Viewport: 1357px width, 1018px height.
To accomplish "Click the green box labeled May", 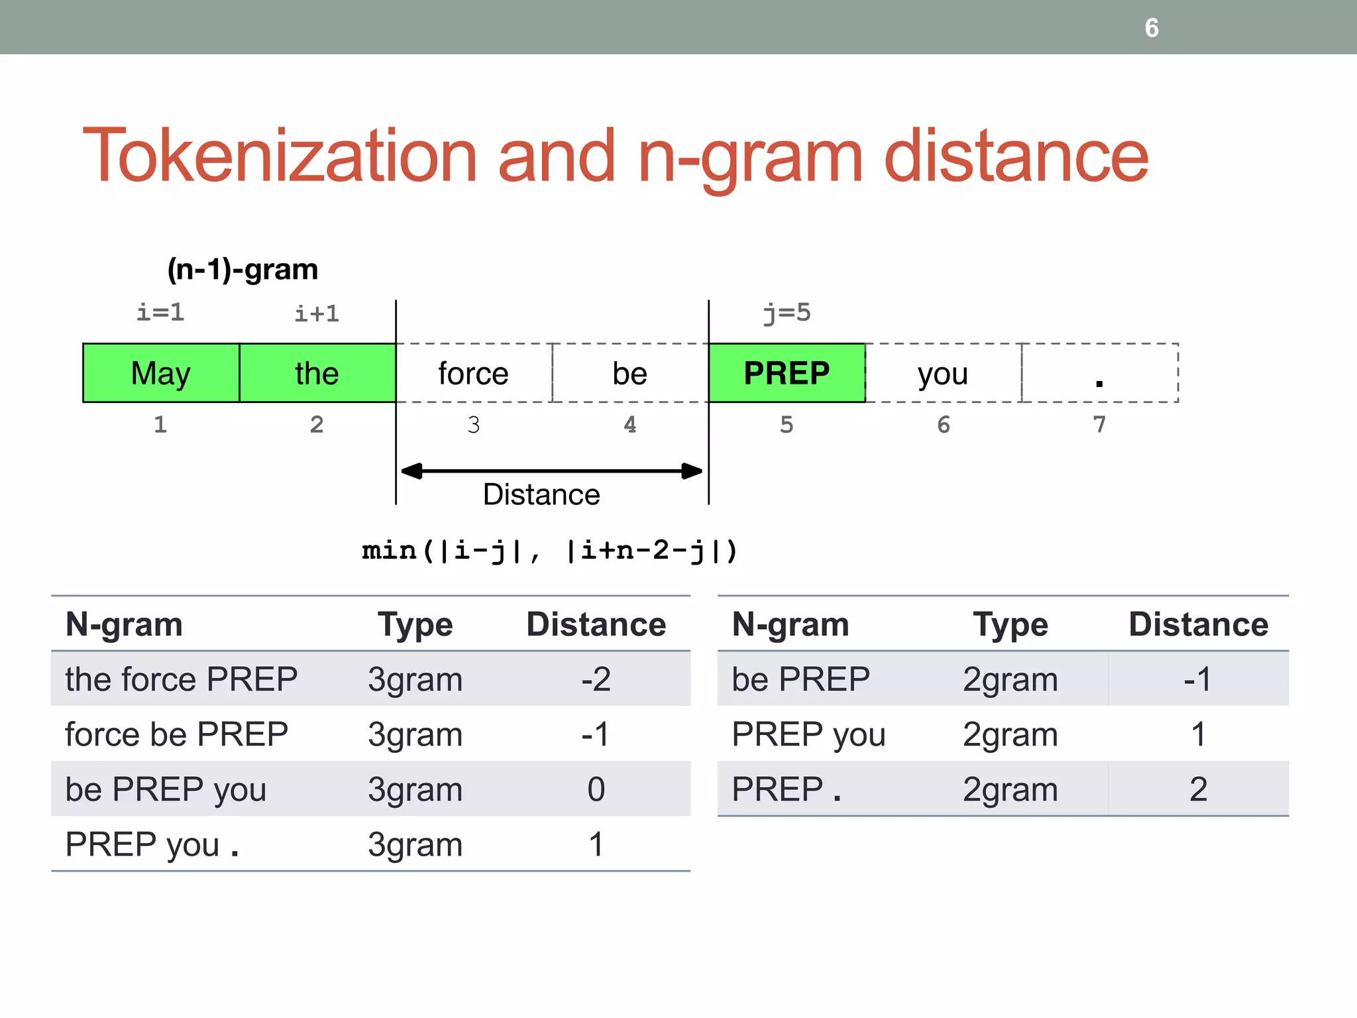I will (x=161, y=373).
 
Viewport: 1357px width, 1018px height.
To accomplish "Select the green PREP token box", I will (x=787, y=373).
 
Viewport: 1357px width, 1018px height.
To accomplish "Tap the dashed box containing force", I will (x=474, y=373).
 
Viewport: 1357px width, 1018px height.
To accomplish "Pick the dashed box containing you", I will (x=943, y=373).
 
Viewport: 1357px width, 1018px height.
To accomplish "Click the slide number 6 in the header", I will (x=1152, y=28).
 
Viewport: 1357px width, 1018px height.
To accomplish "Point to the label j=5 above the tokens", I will (x=787, y=312).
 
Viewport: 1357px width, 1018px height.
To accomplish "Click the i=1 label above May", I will (x=160, y=312).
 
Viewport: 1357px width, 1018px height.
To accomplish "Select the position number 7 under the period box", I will (x=1099, y=424).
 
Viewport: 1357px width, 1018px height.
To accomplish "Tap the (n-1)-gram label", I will (x=243, y=269).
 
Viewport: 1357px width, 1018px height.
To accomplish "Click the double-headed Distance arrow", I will (x=552, y=471).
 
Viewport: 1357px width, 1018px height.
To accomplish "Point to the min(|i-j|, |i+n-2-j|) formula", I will (x=550, y=551).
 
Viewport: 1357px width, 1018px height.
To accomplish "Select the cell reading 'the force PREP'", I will (x=182, y=679).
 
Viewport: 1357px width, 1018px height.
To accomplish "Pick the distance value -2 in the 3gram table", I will (x=596, y=679).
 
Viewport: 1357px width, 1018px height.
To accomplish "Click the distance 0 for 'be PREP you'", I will (x=596, y=789).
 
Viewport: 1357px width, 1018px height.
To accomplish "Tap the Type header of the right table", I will (x=1010, y=625).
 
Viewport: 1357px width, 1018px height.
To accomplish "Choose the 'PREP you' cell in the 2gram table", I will (x=808, y=734).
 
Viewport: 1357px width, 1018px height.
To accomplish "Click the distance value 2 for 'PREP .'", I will (x=1198, y=789).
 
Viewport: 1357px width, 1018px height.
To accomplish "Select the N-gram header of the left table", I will (x=125, y=625).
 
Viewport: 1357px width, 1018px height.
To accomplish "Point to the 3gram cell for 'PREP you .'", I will (x=415, y=845).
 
